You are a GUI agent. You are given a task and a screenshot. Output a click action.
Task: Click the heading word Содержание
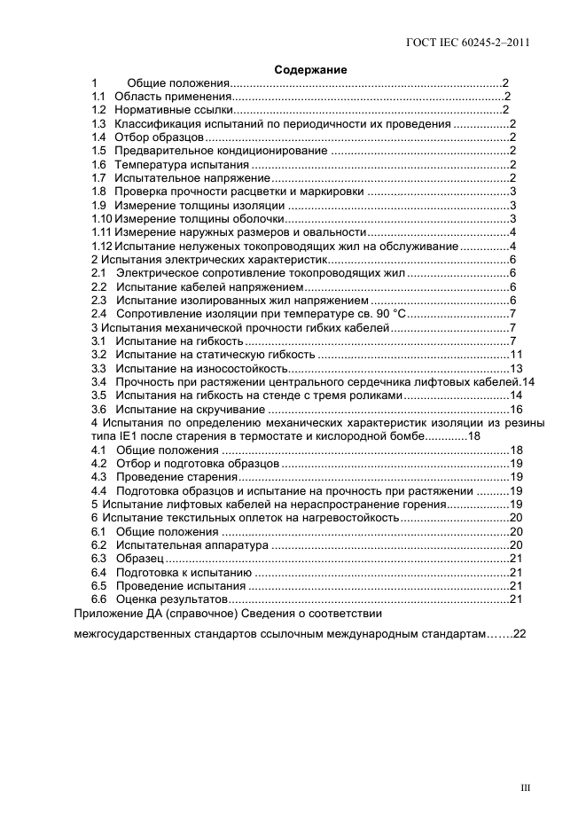(x=310, y=69)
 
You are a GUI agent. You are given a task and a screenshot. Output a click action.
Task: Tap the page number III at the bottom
(x=524, y=786)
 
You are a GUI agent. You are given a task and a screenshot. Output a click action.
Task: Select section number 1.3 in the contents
(x=99, y=123)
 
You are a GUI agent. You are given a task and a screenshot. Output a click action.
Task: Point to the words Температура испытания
(x=182, y=165)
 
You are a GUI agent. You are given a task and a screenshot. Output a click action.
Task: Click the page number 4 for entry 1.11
(x=513, y=232)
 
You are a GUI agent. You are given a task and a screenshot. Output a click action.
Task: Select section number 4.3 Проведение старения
(x=99, y=476)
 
